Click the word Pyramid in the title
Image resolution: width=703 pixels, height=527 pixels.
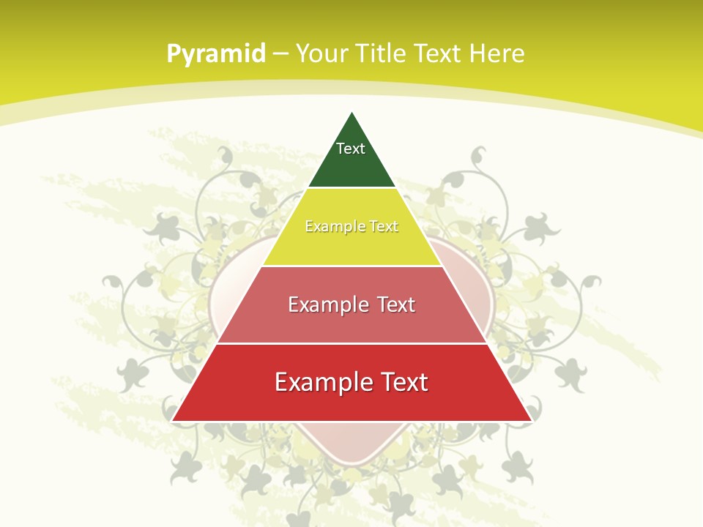point(216,54)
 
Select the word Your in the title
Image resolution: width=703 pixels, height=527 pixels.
point(323,53)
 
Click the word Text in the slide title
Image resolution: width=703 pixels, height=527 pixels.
point(438,53)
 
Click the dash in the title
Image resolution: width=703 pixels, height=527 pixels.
point(280,54)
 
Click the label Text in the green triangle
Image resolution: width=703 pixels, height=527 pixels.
point(351,149)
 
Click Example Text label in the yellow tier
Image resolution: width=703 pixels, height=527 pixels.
point(351,226)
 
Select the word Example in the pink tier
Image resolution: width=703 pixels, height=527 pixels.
point(320,304)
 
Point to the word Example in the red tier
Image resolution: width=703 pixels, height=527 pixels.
point(315,382)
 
